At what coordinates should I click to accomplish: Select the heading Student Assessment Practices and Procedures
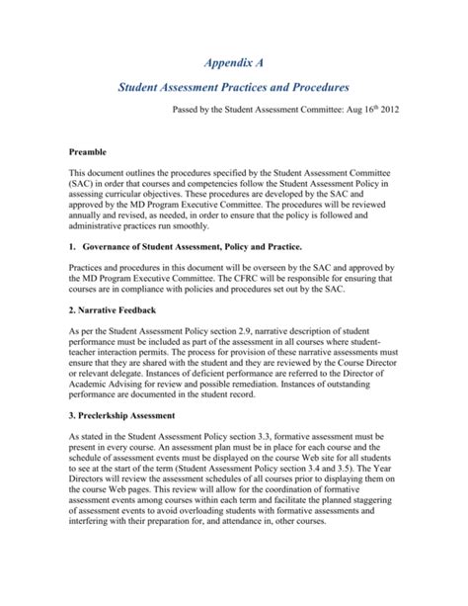tap(234, 89)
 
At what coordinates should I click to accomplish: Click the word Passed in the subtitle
tap(191, 115)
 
